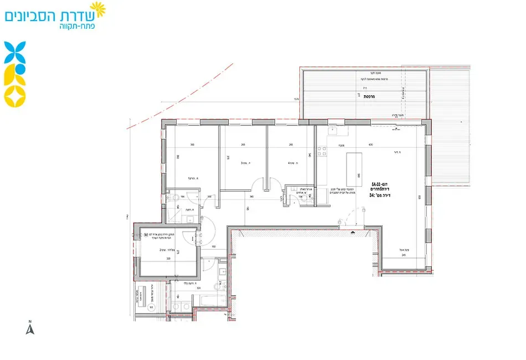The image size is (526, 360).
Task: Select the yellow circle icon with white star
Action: pos(14,96)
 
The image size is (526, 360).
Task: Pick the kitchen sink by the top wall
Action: pos(333,132)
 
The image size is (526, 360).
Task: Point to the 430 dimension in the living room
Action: pos(370,145)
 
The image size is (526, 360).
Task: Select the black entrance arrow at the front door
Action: pos(353,233)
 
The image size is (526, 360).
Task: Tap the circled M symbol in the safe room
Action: pos(146,235)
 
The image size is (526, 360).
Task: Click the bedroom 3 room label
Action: pos(243,163)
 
